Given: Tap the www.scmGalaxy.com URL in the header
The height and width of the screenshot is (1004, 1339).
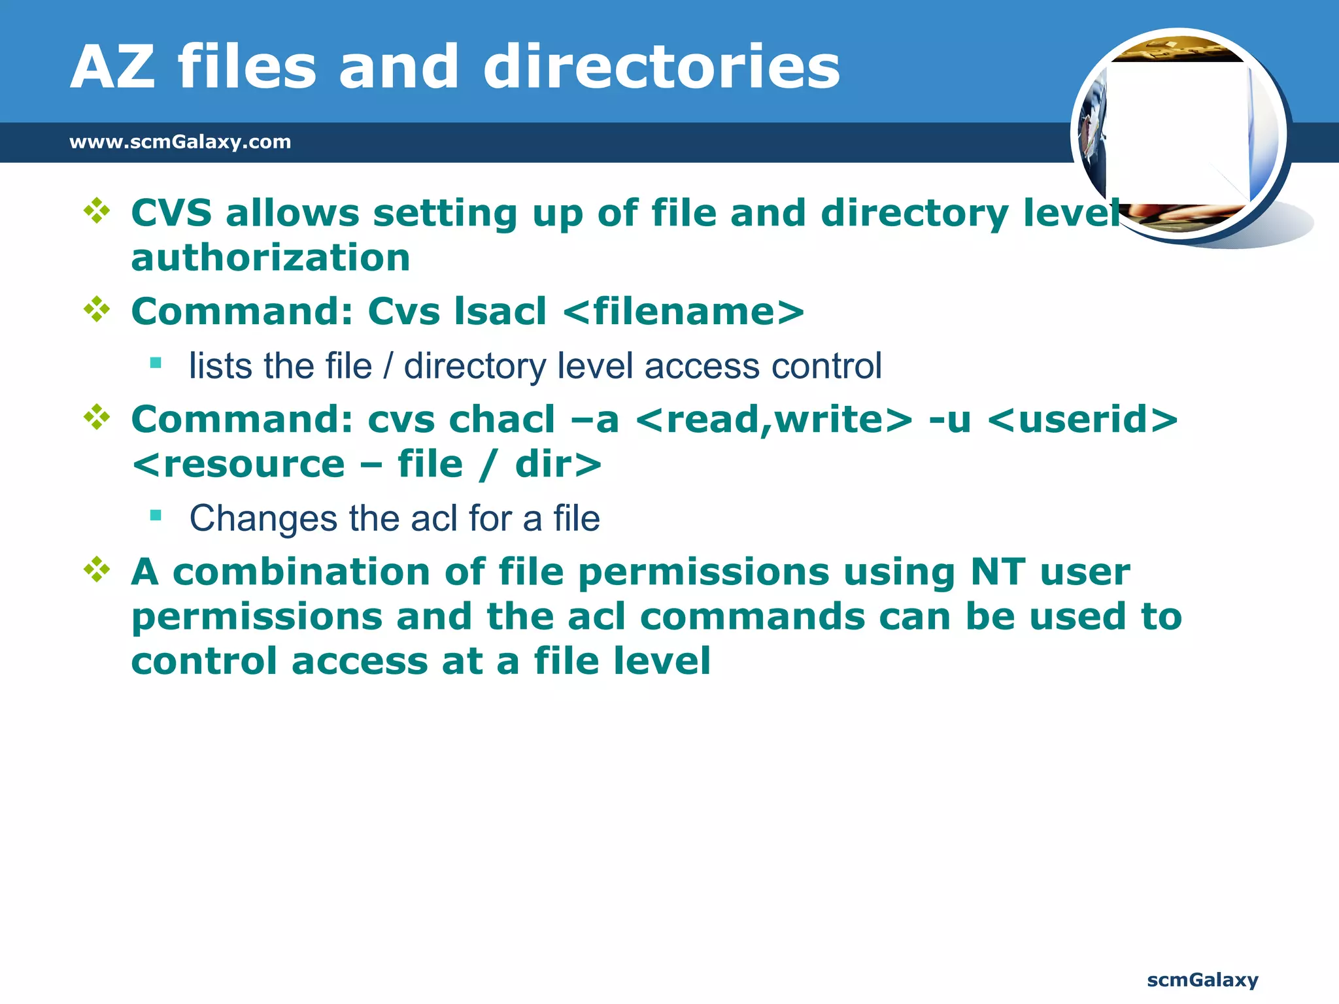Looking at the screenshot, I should point(180,142).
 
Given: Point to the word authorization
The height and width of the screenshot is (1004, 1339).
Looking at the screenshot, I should point(271,258).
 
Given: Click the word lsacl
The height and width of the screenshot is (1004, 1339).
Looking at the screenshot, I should point(500,311).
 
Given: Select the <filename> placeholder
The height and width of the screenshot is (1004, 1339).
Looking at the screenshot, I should point(683,311).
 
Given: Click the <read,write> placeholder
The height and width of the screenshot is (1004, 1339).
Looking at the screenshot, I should point(773,419).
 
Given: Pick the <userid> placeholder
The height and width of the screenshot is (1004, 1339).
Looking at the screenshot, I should point(1083,419).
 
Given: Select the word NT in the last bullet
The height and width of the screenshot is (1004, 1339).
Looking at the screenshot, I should point(998,572).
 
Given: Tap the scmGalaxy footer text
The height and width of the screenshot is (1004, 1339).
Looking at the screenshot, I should point(1202,980).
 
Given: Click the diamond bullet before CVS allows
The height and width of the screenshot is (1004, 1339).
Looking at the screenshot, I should point(97,211).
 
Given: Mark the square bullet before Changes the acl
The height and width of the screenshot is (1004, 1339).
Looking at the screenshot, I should point(156,516).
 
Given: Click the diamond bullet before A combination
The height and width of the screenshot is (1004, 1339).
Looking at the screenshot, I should point(97,569).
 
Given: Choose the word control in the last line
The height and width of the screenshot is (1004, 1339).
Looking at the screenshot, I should point(204,661).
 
